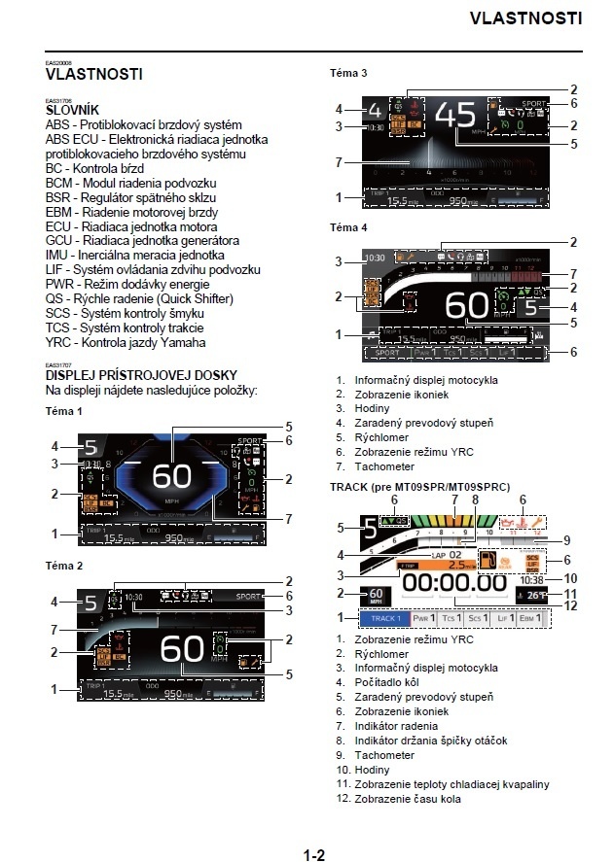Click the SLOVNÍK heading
[x=72, y=111]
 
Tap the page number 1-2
[x=313, y=828]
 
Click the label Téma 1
[x=64, y=412]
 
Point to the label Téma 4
[x=348, y=227]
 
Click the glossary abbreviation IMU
[x=58, y=255]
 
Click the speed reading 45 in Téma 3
[x=456, y=117]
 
